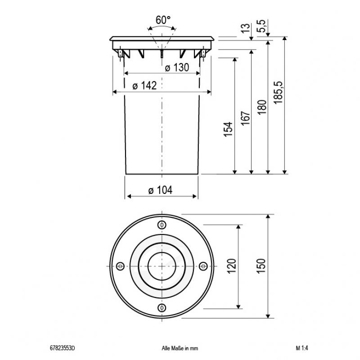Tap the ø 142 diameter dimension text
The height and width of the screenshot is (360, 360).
coord(144,86)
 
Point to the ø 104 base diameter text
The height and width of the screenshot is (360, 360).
coord(161,190)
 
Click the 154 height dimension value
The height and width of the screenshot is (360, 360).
coord(229,129)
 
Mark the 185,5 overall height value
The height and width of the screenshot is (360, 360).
coord(279,93)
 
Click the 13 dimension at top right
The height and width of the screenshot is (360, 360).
coord(246,28)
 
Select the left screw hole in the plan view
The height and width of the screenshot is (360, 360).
coord(120,266)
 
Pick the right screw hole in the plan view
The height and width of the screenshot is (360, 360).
coord(202,266)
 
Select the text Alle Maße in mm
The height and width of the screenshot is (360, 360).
coord(180,348)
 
